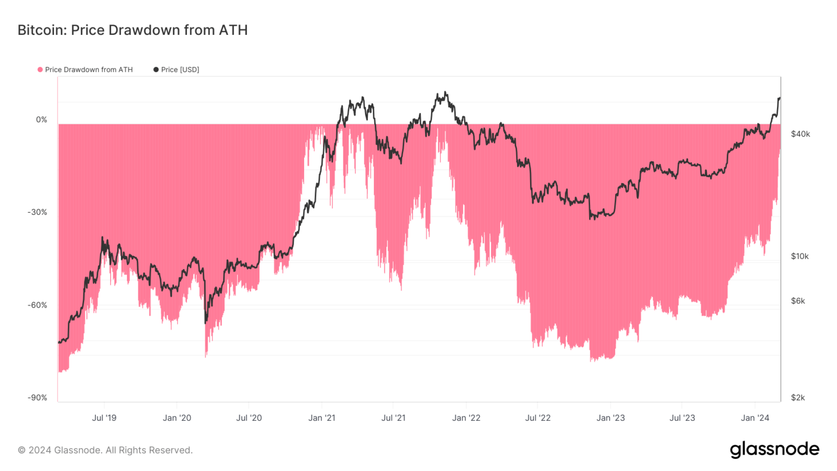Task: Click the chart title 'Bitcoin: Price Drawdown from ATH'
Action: pyautogui.click(x=132, y=30)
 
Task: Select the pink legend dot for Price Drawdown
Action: pyautogui.click(x=40, y=70)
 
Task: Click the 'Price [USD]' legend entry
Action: pyautogui.click(x=180, y=70)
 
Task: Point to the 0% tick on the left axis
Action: pyautogui.click(x=41, y=120)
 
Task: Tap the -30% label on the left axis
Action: pyautogui.click(x=38, y=213)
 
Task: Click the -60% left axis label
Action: pyautogui.click(x=38, y=305)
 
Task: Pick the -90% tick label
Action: pyautogui.click(x=38, y=398)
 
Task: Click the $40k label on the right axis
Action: pyautogui.click(x=800, y=134)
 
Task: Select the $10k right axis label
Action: pyautogui.click(x=800, y=256)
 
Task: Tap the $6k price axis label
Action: pyautogui.click(x=798, y=301)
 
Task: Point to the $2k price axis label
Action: pyautogui.click(x=798, y=398)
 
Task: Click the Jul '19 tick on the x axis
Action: pyautogui.click(x=104, y=418)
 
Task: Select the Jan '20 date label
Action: pyautogui.click(x=177, y=418)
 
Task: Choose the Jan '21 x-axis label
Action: pyautogui.click(x=322, y=418)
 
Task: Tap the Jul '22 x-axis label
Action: pyautogui.click(x=538, y=418)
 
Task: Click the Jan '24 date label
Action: pyautogui.click(x=755, y=418)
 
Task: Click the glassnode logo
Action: pyautogui.click(x=774, y=450)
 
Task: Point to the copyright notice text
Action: pyautogui.click(x=105, y=450)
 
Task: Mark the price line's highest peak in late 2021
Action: pyautogui.click(x=445, y=93)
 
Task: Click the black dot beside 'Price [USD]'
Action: pyautogui.click(x=156, y=70)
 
